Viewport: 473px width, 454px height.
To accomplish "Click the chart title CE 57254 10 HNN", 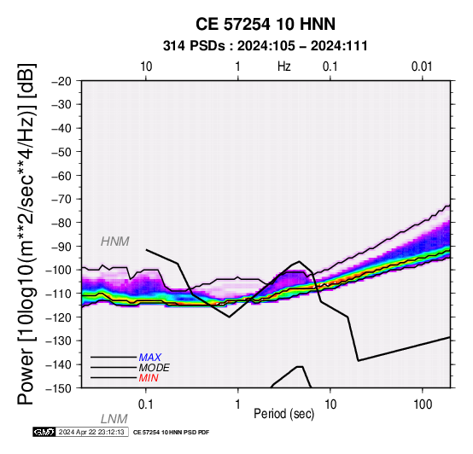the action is point(266,24).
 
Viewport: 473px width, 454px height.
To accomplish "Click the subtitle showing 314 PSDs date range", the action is point(266,46).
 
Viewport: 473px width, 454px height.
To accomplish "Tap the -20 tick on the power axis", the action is point(61,81).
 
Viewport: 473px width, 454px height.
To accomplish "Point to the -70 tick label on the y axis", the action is point(61,200).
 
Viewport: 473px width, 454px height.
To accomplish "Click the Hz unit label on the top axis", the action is point(284,67).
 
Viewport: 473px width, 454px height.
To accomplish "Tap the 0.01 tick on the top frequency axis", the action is point(422,67).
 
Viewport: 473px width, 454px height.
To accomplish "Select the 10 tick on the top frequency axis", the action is point(146,67).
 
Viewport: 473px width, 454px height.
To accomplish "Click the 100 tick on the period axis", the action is point(423,405).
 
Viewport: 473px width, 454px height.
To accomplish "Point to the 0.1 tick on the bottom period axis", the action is point(146,405).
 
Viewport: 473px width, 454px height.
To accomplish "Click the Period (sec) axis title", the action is point(284,414).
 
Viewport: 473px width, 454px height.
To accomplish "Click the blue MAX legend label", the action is point(150,358).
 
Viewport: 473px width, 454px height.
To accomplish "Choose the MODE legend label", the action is point(155,368).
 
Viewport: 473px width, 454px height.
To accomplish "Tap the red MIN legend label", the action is point(149,378).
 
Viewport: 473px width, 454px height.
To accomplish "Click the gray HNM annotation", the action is point(115,242).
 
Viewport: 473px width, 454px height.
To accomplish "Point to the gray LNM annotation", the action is point(114,419).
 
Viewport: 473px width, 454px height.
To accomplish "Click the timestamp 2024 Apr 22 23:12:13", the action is point(91,433).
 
